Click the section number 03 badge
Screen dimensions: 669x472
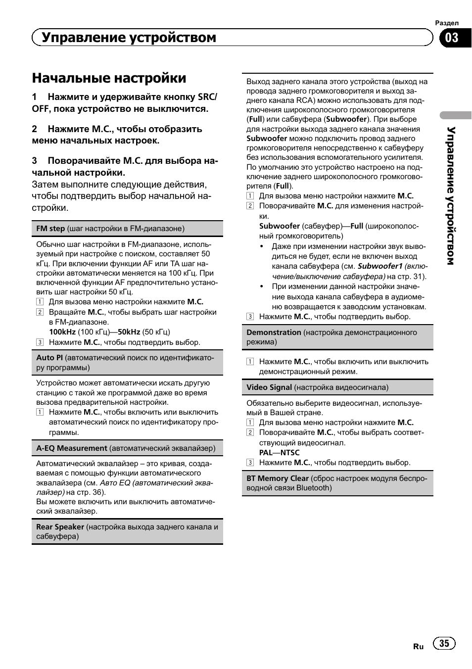pos(452,38)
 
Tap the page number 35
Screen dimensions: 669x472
pos(444,643)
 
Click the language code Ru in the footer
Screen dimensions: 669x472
pos(419,646)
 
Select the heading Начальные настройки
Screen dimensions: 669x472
pos(109,78)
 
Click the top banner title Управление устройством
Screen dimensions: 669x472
pos(129,38)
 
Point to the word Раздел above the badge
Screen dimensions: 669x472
pos(447,23)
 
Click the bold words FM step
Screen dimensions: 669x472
pos(50,229)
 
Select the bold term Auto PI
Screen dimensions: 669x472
pos(49,358)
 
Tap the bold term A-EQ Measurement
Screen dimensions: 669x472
pos(72,448)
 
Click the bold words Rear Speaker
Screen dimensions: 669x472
pos(60,527)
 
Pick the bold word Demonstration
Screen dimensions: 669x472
pos(274,333)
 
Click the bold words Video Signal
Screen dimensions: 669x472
pos(269,387)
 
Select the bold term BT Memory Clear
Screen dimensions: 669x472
pos(278,478)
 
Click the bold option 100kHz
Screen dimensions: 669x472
pos(62,332)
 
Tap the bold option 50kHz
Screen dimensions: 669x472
pos(129,332)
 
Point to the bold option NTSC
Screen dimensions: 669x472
pos(290,453)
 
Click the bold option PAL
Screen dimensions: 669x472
pos(266,453)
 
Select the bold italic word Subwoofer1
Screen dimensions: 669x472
pos(380,266)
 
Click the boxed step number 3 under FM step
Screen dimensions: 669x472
pos(40,342)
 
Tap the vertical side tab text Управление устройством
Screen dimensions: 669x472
pos(451,195)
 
